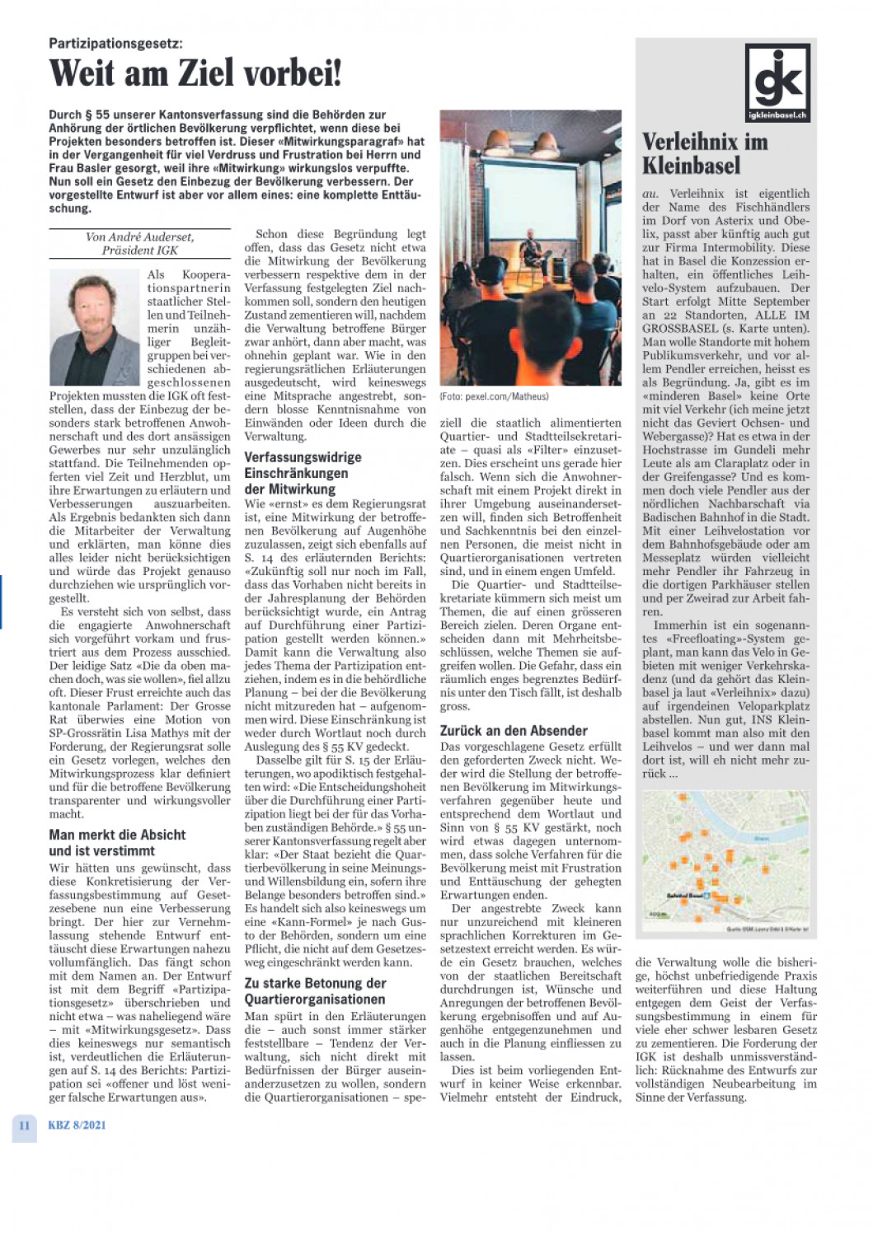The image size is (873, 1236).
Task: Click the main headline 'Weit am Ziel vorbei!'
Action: pyautogui.click(x=195, y=74)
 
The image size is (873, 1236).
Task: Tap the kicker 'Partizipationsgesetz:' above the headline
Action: pyautogui.click(x=116, y=44)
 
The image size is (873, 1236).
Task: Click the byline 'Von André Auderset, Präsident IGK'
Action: pyautogui.click(x=140, y=243)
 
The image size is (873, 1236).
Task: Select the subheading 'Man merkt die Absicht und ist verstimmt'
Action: pyautogui.click(x=117, y=842)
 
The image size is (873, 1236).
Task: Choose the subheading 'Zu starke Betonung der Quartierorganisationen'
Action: pyautogui.click(x=314, y=990)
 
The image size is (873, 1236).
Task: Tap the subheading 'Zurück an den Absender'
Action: pyautogui.click(x=514, y=730)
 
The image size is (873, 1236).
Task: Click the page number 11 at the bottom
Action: pyautogui.click(x=25, y=1125)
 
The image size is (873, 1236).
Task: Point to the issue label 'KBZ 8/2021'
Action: pyautogui.click(x=77, y=1125)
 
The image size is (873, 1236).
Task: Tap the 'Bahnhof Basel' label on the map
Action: pyautogui.click(x=684, y=895)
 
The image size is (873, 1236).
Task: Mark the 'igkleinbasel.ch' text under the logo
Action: pyautogui.click(x=777, y=117)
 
